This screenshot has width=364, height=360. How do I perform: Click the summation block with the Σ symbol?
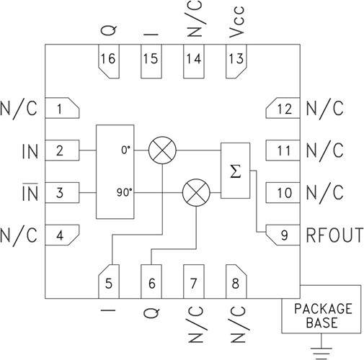tap(234, 170)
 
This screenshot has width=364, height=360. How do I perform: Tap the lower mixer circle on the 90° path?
tap(194, 192)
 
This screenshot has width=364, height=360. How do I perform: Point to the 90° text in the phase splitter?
tap(123, 192)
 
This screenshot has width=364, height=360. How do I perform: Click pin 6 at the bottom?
tap(151, 283)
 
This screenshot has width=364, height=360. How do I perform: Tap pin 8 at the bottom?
tap(235, 283)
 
